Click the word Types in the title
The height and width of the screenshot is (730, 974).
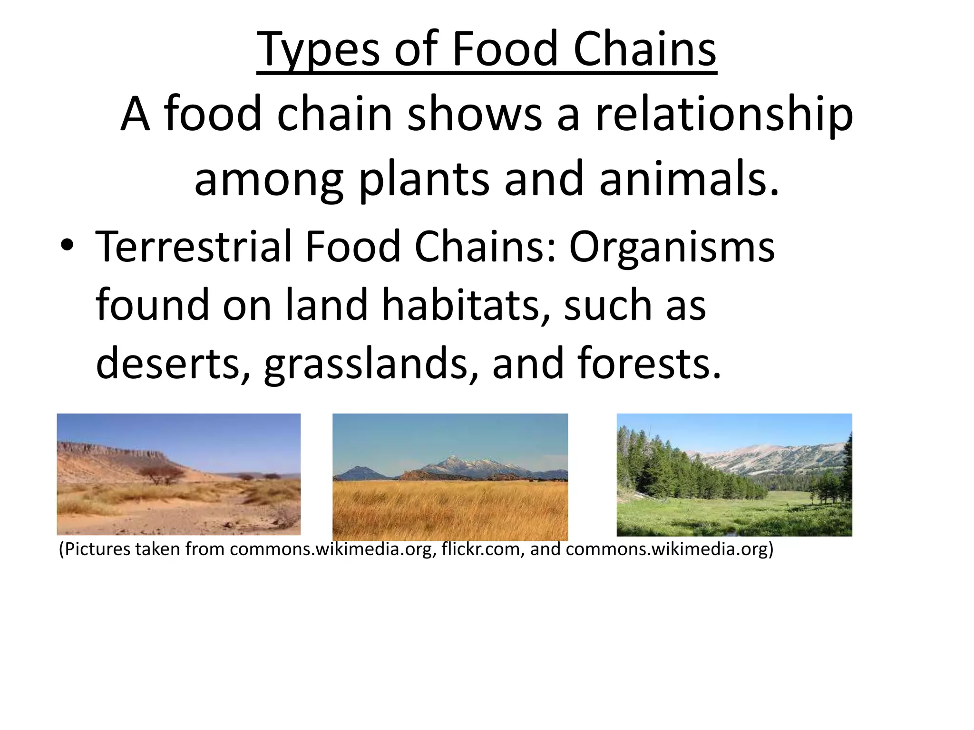(318, 49)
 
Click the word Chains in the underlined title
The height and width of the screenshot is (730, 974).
(644, 49)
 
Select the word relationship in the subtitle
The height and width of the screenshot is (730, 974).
(724, 114)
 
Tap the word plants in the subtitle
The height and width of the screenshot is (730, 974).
(423, 180)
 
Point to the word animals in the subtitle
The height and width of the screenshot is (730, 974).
(689, 179)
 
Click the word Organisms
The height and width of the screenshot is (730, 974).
(672, 248)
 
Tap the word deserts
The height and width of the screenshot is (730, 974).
(173, 364)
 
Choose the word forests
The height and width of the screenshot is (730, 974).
(649, 364)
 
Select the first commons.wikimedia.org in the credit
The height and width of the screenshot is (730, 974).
(332, 549)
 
